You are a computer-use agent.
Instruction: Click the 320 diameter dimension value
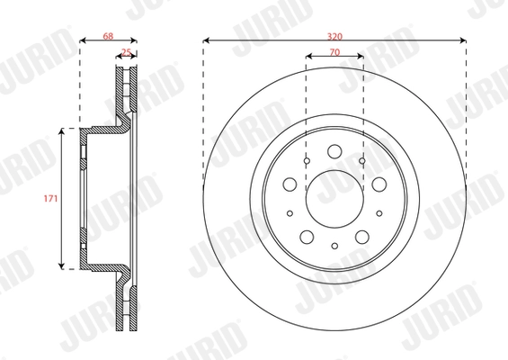point(334,34)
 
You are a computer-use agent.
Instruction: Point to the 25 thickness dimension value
point(126,54)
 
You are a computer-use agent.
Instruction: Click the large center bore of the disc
point(334,196)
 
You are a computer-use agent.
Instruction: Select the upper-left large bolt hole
point(290,184)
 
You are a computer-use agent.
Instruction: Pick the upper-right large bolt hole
point(378,184)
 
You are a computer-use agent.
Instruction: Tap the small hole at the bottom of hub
point(334,246)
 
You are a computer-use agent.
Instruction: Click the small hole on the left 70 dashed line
point(306,160)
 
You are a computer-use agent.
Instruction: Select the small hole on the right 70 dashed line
point(362,160)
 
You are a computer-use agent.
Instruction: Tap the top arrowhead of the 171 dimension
point(62,131)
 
